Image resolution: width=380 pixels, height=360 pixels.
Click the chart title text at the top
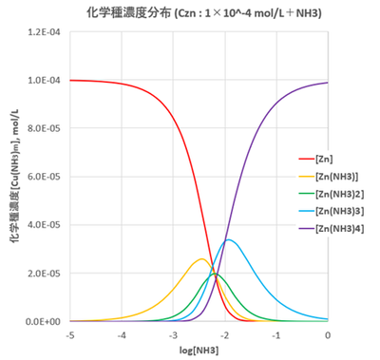tap(190, 12)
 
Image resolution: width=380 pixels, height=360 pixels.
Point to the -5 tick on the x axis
tap(70, 333)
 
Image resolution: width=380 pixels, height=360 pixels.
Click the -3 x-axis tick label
tap(173, 333)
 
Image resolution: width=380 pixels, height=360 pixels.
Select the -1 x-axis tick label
tap(276, 333)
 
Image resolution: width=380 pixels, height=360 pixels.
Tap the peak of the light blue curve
tap(228, 239)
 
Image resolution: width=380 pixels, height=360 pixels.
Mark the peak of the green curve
tap(214, 274)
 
